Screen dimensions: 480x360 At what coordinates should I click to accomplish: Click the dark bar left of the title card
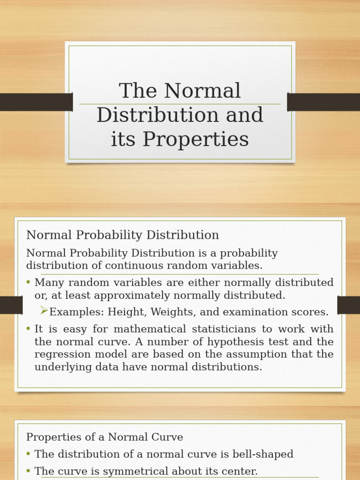[36, 102]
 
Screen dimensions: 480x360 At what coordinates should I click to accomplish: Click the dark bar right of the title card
[323, 102]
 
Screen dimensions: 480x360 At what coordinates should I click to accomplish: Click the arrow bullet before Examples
[44, 310]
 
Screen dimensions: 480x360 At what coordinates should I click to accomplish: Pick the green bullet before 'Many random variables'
[29, 282]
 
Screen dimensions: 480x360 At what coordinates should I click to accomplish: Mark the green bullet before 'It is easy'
[29, 329]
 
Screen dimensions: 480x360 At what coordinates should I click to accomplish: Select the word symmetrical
[123, 471]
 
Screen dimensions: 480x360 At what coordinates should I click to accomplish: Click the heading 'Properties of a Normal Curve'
[105, 437]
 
